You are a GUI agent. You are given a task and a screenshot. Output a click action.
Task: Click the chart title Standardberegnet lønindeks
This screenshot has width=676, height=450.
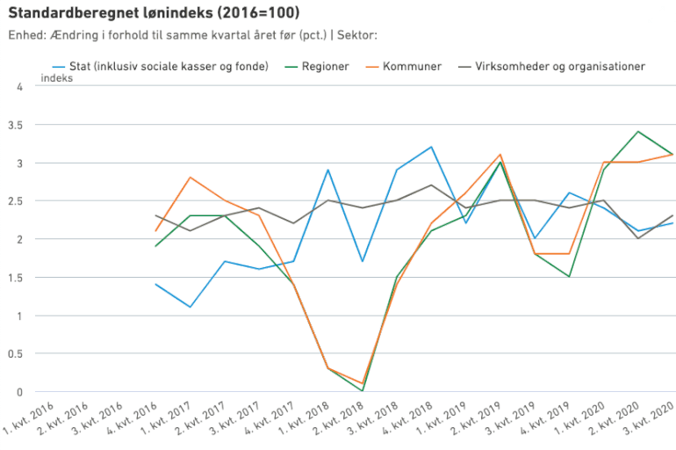point(153,13)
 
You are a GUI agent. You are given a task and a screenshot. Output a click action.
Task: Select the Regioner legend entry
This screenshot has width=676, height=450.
point(325,66)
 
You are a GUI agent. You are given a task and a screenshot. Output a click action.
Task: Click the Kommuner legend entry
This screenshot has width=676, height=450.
point(412,66)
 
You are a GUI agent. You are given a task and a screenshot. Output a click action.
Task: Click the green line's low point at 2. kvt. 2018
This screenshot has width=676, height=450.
point(363,391)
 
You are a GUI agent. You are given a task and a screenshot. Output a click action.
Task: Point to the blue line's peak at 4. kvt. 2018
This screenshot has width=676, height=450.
point(431,147)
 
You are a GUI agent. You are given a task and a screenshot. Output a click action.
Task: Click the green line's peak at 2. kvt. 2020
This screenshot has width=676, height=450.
point(638,132)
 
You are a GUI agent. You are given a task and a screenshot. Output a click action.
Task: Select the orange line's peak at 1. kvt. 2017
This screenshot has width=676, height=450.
point(191,178)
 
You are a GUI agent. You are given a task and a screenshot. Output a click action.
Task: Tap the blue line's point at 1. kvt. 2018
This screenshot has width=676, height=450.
point(327,170)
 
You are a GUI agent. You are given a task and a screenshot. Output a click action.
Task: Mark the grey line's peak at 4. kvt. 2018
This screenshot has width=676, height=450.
point(431,185)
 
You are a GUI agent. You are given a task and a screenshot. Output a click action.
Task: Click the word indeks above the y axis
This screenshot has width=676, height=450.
point(56,78)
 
